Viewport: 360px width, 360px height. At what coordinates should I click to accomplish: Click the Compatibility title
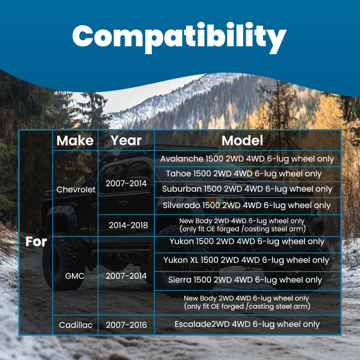[x=179, y=37]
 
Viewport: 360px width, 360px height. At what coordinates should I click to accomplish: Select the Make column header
[x=75, y=140]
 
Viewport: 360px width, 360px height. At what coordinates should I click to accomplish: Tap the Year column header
[x=126, y=140]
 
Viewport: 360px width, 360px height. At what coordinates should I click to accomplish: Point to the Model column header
[x=242, y=140]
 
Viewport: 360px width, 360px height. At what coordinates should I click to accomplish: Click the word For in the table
[x=36, y=242]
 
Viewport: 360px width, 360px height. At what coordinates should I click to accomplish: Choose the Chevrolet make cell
[x=76, y=189]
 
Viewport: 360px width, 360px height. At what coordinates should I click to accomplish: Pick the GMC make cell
[x=75, y=276]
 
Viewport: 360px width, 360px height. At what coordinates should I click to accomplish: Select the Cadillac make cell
[x=76, y=325]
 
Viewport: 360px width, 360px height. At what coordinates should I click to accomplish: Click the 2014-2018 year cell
[x=128, y=225]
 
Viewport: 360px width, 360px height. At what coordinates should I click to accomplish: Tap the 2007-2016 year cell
[x=126, y=325]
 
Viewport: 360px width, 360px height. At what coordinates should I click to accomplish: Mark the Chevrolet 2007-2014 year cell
[x=126, y=183]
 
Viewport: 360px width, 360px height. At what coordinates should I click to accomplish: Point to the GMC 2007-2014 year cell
[x=126, y=276]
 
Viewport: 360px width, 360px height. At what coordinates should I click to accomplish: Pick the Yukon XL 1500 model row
[x=246, y=260]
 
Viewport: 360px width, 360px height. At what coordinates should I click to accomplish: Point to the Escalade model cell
[x=247, y=324]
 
